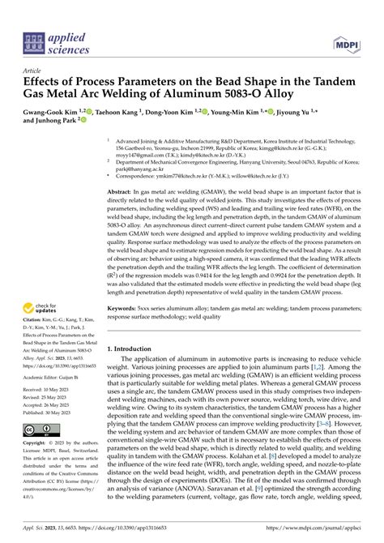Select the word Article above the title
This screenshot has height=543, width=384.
click(34, 71)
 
